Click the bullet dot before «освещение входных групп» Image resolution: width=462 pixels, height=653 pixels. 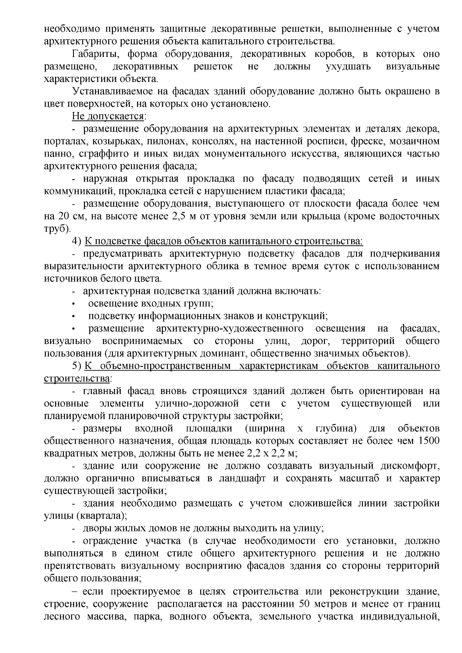pyautogui.click(x=73, y=304)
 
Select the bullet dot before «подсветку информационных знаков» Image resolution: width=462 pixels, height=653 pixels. pyautogui.click(x=73, y=316)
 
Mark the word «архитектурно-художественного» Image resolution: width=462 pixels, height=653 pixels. pyautogui.click(x=230, y=329)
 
